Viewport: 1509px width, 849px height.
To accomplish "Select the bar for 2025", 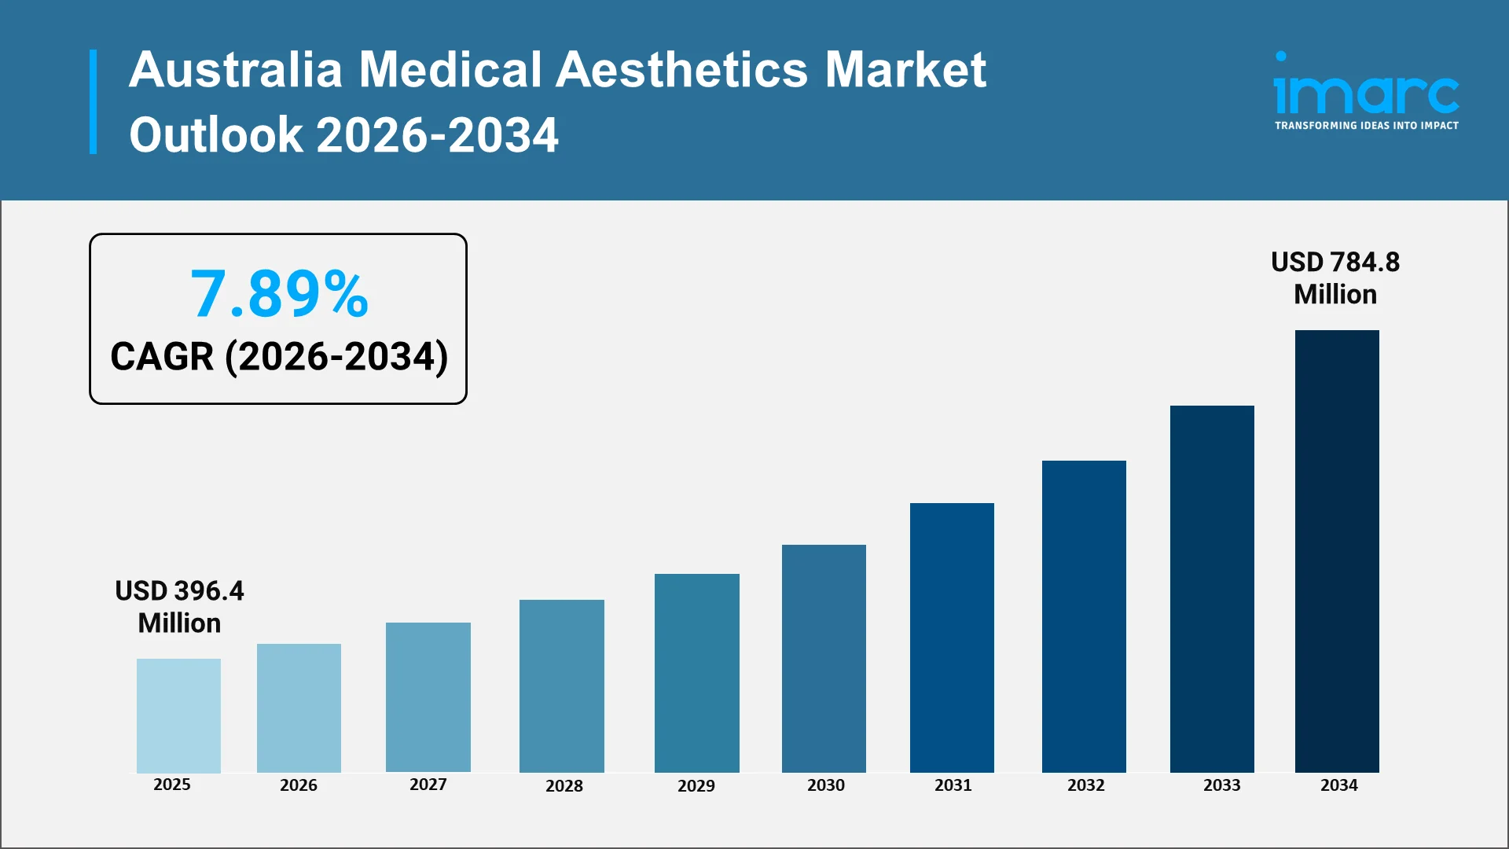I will coord(178,715).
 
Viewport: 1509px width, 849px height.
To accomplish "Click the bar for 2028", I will coord(561,685).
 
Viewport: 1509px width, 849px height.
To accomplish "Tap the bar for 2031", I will coord(952,638).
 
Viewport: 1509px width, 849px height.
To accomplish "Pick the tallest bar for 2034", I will coord(1337,551).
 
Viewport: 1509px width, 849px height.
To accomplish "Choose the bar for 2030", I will coord(824,658).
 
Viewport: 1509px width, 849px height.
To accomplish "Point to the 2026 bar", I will coord(299,707).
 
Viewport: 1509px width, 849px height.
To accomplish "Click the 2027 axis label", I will coord(428,785).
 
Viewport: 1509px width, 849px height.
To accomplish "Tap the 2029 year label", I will coord(696,786).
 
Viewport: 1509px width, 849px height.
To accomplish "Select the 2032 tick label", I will coord(1085,785).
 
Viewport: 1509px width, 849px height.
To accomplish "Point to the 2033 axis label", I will coord(1221,785).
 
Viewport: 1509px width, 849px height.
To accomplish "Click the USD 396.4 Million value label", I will coord(179,607).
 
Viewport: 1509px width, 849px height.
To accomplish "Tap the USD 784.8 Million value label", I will coord(1335,277).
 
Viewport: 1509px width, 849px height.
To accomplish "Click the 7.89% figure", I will coord(279,294).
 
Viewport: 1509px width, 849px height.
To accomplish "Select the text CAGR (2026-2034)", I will coord(279,357).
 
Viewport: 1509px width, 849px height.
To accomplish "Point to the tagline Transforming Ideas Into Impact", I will coord(1366,126).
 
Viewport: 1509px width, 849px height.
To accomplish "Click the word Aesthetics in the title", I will coord(681,69).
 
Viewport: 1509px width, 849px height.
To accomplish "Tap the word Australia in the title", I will coord(236,69).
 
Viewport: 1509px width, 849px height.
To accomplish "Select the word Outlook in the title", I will coord(216,134).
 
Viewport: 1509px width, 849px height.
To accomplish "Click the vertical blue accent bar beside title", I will coord(94,101).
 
